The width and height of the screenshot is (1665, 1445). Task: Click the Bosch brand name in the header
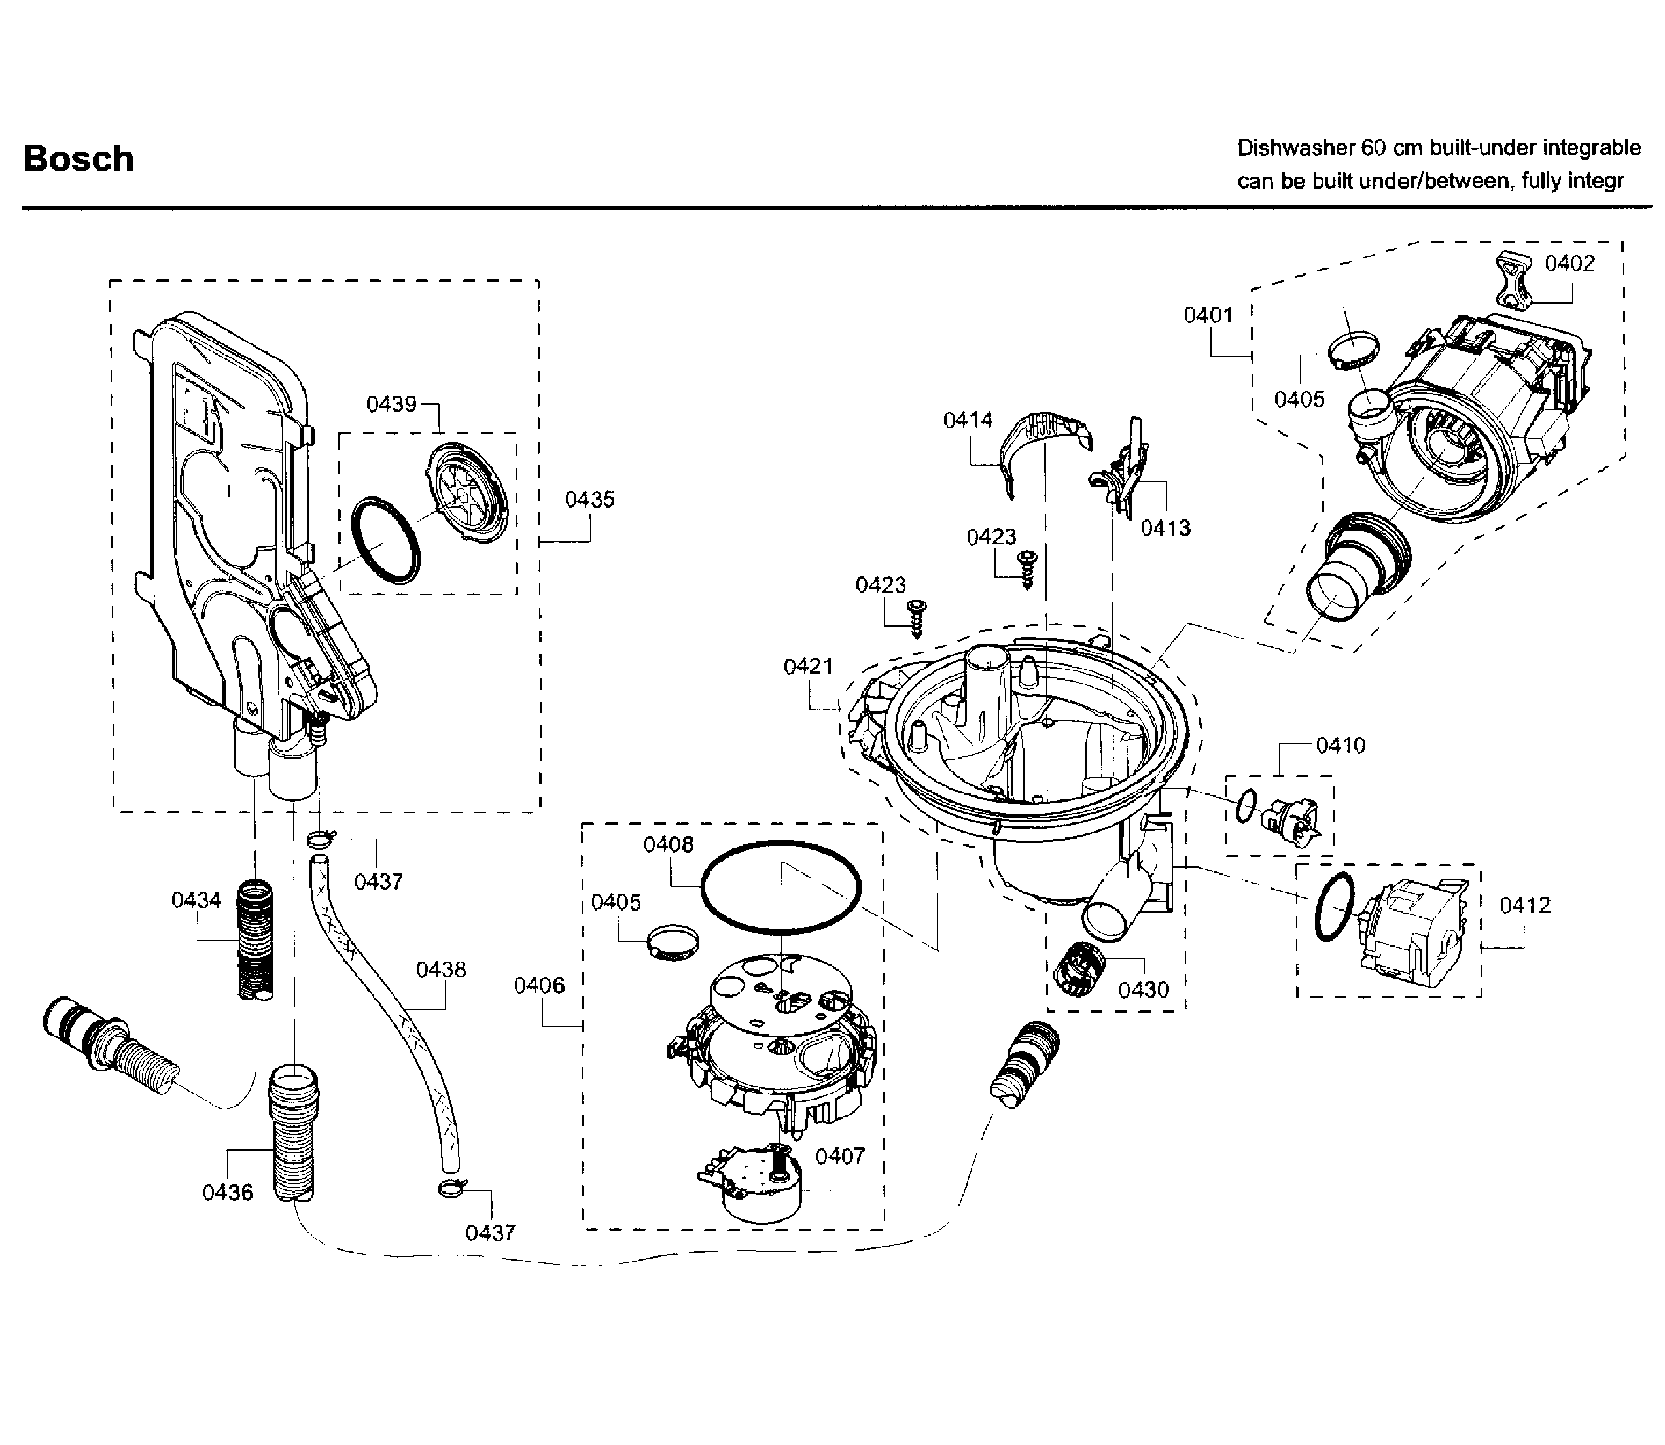click(x=79, y=159)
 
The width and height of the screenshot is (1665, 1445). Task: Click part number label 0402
click(x=1569, y=264)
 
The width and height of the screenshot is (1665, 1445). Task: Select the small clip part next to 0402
click(x=1512, y=279)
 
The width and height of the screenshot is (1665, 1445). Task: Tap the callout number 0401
click(x=1208, y=315)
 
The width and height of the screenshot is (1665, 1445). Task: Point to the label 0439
click(x=391, y=404)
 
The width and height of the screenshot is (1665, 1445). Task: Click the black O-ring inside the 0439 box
click(x=386, y=540)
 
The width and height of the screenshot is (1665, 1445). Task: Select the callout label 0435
click(x=589, y=499)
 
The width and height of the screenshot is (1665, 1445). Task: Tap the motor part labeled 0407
click(x=754, y=1185)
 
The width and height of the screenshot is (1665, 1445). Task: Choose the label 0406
click(x=540, y=984)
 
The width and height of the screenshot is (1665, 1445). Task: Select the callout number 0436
click(x=228, y=1192)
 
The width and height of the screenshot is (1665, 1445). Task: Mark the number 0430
click(x=1144, y=990)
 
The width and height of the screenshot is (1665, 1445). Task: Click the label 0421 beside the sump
click(x=808, y=666)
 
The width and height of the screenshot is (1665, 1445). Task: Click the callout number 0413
click(x=1165, y=528)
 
